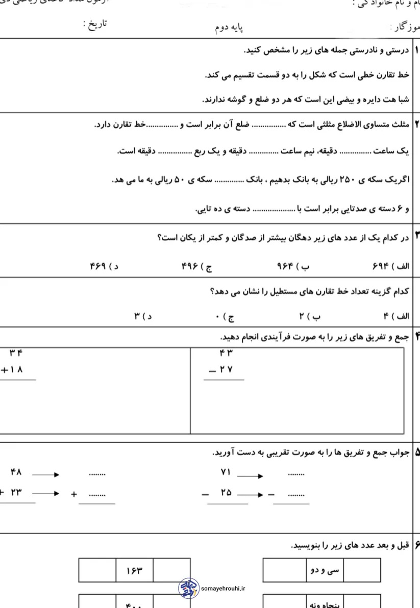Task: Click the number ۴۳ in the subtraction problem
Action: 226,352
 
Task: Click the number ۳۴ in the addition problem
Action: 16,352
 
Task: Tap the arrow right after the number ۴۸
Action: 46,474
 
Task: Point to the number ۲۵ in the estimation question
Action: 226,493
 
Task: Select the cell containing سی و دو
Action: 325,570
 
